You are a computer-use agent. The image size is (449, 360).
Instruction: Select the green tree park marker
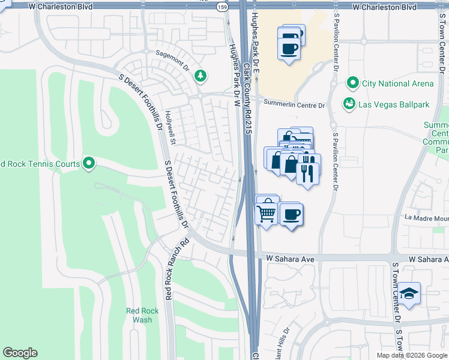coord(200,76)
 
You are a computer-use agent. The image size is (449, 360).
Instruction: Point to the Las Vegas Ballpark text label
coord(394,104)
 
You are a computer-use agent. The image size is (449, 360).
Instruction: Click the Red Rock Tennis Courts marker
coord(89,163)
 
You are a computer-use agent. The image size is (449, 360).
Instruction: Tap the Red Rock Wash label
coord(139,315)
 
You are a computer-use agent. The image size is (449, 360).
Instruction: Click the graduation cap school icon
coord(410,293)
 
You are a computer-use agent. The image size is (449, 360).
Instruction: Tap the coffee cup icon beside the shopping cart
coord(291,214)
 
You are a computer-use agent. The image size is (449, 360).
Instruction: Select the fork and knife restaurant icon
coord(307,173)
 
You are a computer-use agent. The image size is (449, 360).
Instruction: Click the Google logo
coord(20,353)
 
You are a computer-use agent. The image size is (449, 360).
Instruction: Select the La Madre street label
coord(426,218)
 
